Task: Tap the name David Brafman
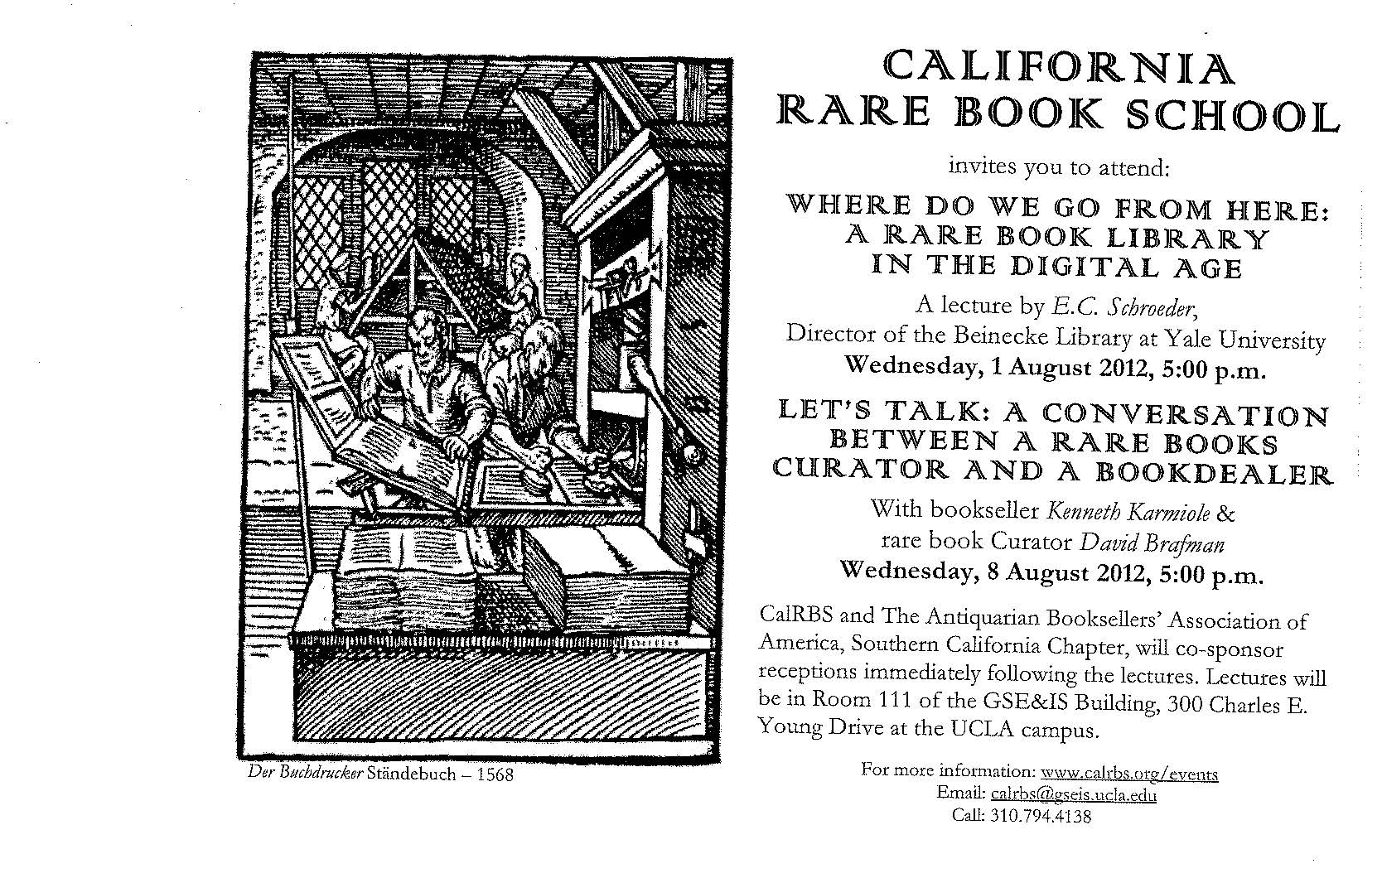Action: [1152, 543]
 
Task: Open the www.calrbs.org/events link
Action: [1129, 773]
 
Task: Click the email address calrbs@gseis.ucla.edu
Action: [1073, 795]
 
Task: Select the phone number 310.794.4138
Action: [1040, 817]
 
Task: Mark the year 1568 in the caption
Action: [495, 774]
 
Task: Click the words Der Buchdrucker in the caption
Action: [306, 773]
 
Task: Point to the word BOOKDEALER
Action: [1214, 473]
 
